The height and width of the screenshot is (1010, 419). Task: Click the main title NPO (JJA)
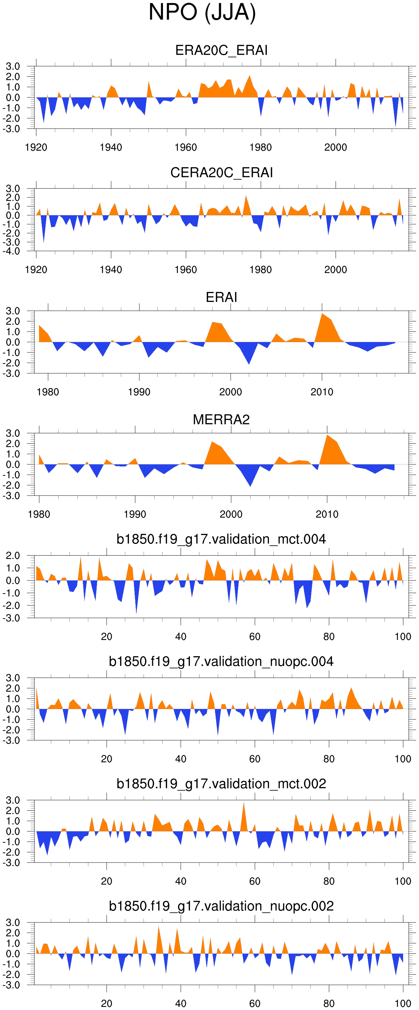(202, 12)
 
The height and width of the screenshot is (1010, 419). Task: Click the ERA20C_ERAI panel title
(221, 50)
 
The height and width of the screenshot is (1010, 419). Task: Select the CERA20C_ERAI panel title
(221, 172)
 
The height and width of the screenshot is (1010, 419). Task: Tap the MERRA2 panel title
(221, 419)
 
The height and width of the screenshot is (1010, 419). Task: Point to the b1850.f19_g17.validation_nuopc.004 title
(221, 661)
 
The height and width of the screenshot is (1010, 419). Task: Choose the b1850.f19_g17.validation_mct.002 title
(221, 784)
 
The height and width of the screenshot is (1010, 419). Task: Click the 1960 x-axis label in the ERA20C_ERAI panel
(186, 148)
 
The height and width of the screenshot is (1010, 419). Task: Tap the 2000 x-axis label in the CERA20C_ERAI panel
(335, 270)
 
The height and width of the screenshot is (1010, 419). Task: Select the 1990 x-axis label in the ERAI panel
(139, 392)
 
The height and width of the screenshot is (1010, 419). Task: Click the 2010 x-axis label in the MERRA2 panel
(327, 515)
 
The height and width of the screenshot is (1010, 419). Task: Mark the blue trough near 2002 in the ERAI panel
(249, 361)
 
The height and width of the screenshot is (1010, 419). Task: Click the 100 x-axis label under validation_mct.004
(403, 637)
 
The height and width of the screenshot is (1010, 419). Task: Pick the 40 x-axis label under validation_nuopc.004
(181, 759)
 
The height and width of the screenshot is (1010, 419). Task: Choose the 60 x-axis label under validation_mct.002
(254, 881)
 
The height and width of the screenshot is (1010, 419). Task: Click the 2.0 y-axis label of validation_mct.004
(12, 556)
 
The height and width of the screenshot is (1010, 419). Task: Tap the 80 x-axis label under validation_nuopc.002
(329, 1004)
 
